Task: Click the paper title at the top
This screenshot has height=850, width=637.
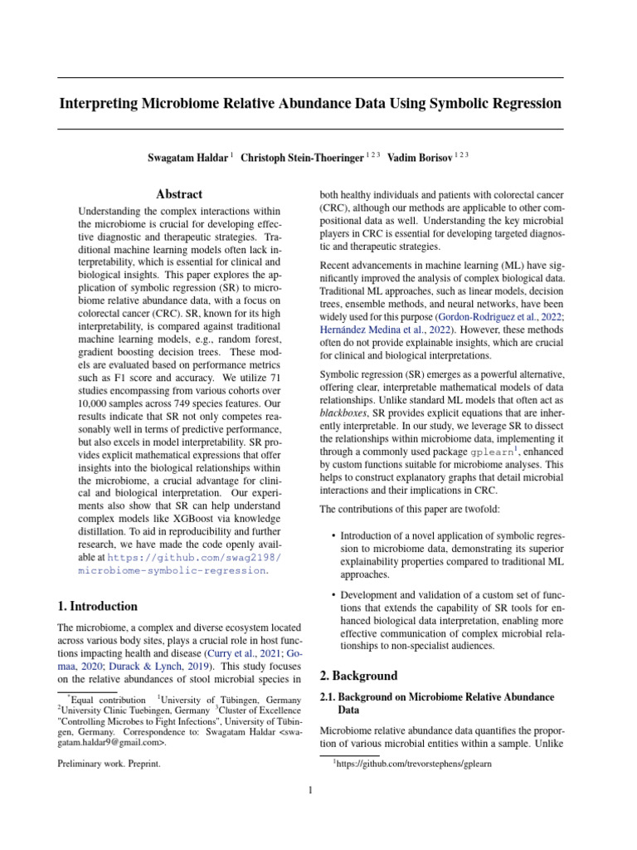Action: tap(309, 104)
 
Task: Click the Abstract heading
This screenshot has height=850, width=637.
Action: tap(179, 194)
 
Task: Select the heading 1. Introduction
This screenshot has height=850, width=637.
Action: tap(97, 606)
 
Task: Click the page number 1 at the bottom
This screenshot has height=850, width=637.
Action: tap(310, 790)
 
